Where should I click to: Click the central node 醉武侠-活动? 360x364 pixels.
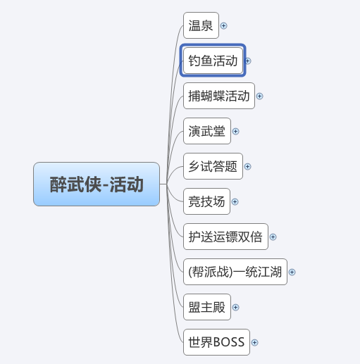(x=97, y=184)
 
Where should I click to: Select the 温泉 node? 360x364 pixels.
(x=201, y=25)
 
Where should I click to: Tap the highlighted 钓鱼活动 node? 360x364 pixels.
(x=213, y=61)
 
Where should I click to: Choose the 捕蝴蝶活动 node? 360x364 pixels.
(x=219, y=96)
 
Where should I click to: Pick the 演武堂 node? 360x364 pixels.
(x=207, y=131)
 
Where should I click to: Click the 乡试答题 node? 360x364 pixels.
(x=213, y=166)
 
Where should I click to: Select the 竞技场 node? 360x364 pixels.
(x=206, y=201)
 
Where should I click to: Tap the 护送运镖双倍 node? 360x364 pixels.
(x=225, y=237)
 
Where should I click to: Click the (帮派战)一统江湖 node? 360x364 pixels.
(x=235, y=272)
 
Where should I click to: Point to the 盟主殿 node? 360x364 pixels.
(x=207, y=307)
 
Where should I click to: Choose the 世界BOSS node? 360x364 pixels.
(x=216, y=342)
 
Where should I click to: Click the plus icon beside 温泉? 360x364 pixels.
(x=224, y=25)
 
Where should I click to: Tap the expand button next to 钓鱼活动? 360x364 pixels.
(x=248, y=61)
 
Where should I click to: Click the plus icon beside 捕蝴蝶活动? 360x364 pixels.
(x=259, y=96)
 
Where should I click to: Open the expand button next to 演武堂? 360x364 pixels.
(x=235, y=132)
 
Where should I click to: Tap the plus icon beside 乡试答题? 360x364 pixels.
(x=247, y=167)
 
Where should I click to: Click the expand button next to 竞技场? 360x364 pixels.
(x=235, y=202)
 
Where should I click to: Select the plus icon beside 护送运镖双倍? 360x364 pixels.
(x=273, y=237)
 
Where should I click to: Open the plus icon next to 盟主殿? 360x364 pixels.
(x=235, y=308)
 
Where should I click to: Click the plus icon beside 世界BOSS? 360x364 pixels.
(x=254, y=343)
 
